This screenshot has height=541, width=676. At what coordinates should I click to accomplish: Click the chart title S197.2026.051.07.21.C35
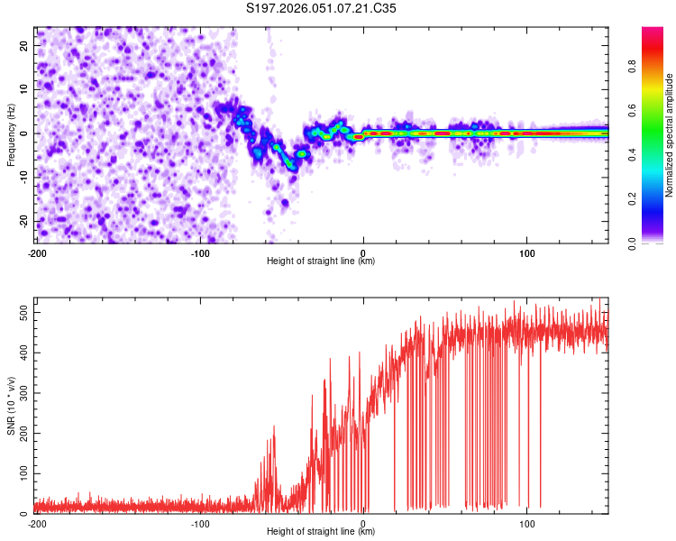[322, 9]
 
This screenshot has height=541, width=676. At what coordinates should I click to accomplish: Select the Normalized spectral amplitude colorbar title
[671, 135]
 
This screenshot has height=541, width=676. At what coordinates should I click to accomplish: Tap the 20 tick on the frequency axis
[24, 45]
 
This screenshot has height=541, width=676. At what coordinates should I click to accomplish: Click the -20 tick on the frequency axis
[23, 221]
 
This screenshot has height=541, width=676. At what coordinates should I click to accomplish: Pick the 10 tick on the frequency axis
[24, 89]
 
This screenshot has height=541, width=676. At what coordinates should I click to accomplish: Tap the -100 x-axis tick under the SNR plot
[200, 523]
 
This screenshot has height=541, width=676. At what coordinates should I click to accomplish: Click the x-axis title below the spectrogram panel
[322, 261]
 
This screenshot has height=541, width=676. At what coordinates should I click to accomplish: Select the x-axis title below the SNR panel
[322, 533]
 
